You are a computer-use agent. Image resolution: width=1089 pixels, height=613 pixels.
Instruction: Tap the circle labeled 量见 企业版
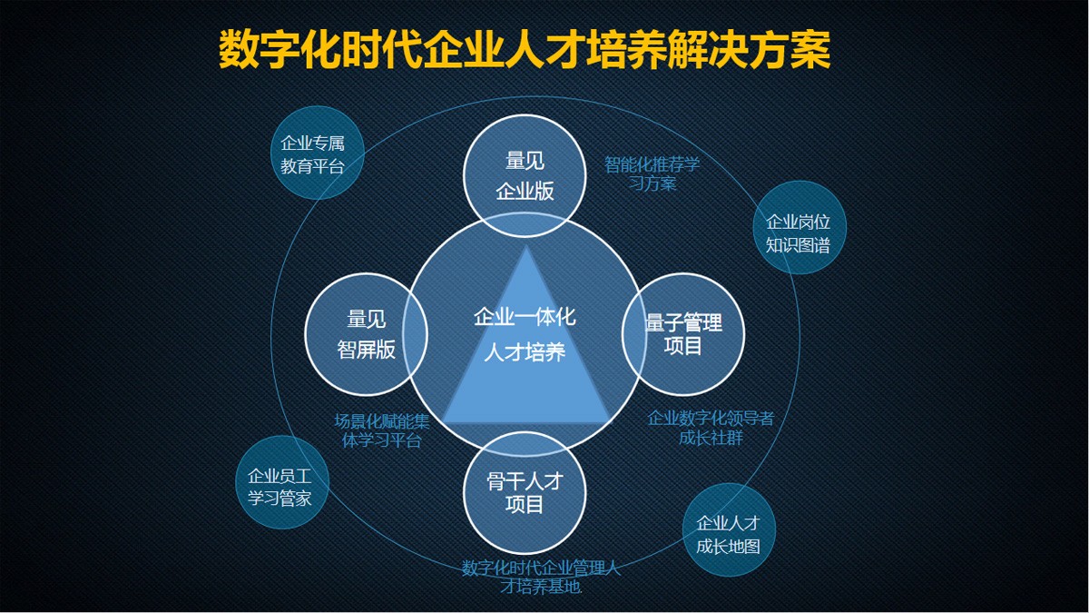click(525, 176)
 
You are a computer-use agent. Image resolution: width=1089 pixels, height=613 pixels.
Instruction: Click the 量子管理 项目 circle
click(683, 333)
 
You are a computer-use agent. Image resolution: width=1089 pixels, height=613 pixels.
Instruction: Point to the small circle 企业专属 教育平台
click(319, 154)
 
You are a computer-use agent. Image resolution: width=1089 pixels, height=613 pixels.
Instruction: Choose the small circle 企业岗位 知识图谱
click(798, 232)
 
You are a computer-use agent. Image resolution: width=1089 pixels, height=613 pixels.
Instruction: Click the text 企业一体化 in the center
click(525, 317)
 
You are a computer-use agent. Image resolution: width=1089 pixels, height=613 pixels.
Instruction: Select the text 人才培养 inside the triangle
click(525, 352)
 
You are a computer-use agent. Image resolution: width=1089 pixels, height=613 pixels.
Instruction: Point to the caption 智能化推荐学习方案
click(652, 173)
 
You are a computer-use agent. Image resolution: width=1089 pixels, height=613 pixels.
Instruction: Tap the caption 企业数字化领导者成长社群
click(711, 428)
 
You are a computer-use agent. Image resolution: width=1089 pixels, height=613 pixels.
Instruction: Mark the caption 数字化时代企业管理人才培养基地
click(541, 578)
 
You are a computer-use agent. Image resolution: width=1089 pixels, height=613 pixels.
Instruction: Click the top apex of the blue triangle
click(525, 246)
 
